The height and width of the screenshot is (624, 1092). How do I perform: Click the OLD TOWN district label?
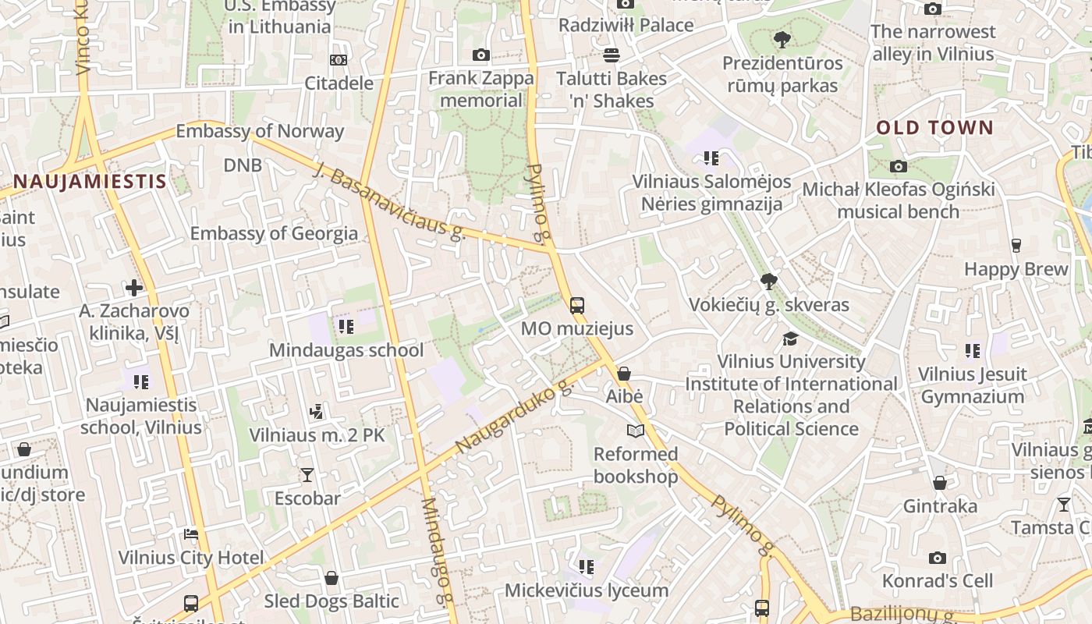pos(934,127)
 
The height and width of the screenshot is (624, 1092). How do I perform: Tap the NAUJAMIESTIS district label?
pos(90,182)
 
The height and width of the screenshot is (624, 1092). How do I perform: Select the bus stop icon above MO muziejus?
pos(577,305)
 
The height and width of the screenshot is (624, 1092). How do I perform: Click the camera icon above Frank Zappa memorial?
pos(481,55)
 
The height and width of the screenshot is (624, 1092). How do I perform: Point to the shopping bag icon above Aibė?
pos(624,374)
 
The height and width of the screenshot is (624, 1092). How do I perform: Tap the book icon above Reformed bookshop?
pos(636,431)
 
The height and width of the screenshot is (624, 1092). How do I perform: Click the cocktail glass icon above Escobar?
pos(307,474)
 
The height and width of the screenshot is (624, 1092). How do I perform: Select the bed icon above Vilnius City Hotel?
pos(191,534)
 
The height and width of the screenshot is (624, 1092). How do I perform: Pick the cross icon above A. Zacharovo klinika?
pos(134,287)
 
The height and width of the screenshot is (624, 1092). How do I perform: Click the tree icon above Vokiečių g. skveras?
pos(768,281)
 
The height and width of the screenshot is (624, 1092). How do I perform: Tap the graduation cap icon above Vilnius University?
pos(791,339)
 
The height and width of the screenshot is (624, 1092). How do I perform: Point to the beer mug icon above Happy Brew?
pos(1016,245)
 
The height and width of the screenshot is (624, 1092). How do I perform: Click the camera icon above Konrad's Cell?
pos(938,558)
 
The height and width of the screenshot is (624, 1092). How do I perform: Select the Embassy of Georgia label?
pos(274,233)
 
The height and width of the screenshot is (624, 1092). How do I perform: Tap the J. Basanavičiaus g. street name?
pos(389,200)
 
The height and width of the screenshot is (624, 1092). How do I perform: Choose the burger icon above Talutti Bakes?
pos(612,55)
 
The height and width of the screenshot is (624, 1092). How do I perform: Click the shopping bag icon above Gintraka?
pos(940,483)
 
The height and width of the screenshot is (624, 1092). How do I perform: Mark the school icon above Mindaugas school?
pos(346,326)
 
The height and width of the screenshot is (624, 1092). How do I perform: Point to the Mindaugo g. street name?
pos(437,551)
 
